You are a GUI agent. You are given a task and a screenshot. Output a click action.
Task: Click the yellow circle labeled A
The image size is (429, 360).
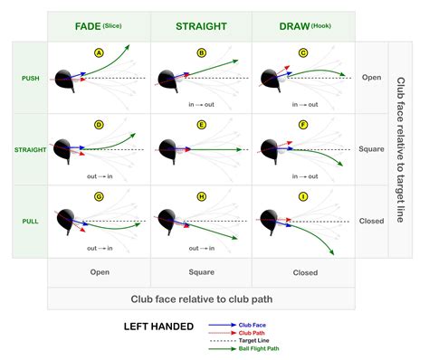coord(99,53)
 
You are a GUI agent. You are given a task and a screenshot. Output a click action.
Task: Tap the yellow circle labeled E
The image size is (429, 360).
coord(202,125)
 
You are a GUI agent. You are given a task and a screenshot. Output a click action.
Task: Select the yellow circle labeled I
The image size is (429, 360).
coord(303,197)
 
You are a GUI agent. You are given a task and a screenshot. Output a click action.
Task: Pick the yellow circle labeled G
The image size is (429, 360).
coord(99,197)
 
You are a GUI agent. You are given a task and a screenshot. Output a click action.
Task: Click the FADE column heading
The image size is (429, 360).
coord(88,26)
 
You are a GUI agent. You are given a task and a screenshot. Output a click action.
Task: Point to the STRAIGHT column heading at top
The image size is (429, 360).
coord(201,26)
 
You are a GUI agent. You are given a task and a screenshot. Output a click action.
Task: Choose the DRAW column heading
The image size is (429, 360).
coord(294,26)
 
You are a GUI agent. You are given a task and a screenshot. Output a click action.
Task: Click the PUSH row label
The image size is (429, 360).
coord(31,79)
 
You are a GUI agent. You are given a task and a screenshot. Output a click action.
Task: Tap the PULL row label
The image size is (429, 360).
coord(30,222)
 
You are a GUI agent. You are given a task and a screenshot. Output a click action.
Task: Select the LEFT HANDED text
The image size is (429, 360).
coord(158,327)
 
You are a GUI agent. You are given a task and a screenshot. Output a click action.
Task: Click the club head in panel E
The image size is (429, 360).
coord(167,148)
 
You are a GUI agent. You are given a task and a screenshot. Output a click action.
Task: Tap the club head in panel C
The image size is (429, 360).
coord(270,79)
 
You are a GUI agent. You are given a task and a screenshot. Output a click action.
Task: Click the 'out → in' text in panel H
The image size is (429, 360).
coord(202,249)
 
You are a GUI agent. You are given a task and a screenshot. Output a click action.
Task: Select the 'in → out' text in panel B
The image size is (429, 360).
coord(201,105)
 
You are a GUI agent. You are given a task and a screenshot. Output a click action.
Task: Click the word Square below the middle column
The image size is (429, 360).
coord(202,272)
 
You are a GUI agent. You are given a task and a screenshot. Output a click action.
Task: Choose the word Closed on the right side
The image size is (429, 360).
coord(371,221)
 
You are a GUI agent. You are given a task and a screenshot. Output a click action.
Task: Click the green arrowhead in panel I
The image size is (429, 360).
coord(331,252)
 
